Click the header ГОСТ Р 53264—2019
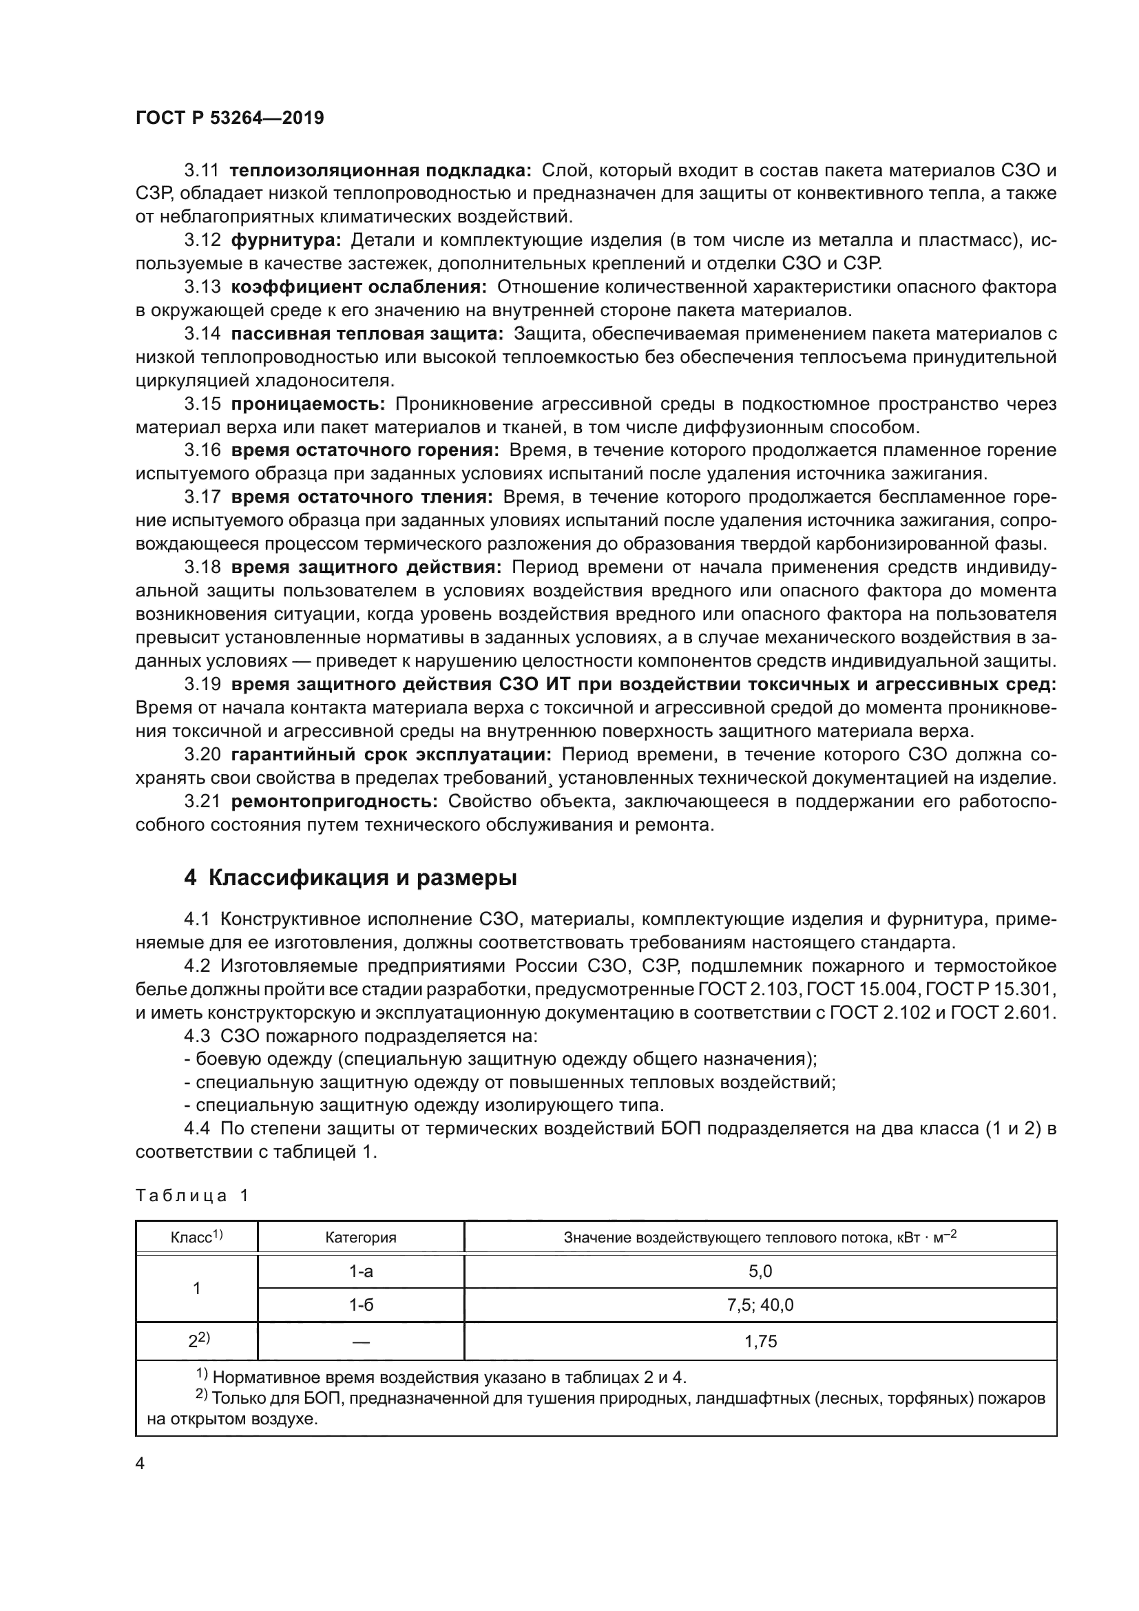[x=229, y=118]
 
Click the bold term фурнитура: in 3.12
[x=286, y=240]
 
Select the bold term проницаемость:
[x=308, y=404]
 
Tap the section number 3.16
[x=202, y=450]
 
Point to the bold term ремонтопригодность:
[x=334, y=801]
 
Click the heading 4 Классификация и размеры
[x=350, y=877]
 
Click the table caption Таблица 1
[x=192, y=1196]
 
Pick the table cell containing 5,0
[x=760, y=1271]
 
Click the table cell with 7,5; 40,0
[x=760, y=1305]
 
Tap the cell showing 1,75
[x=760, y=1342]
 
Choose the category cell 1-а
[x=360, y=1271]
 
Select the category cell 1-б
[x=360, y=1305]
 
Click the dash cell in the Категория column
[x=360, y=1342]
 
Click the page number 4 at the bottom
[x=140, y=1464]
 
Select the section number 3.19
[x=202, y=684]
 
